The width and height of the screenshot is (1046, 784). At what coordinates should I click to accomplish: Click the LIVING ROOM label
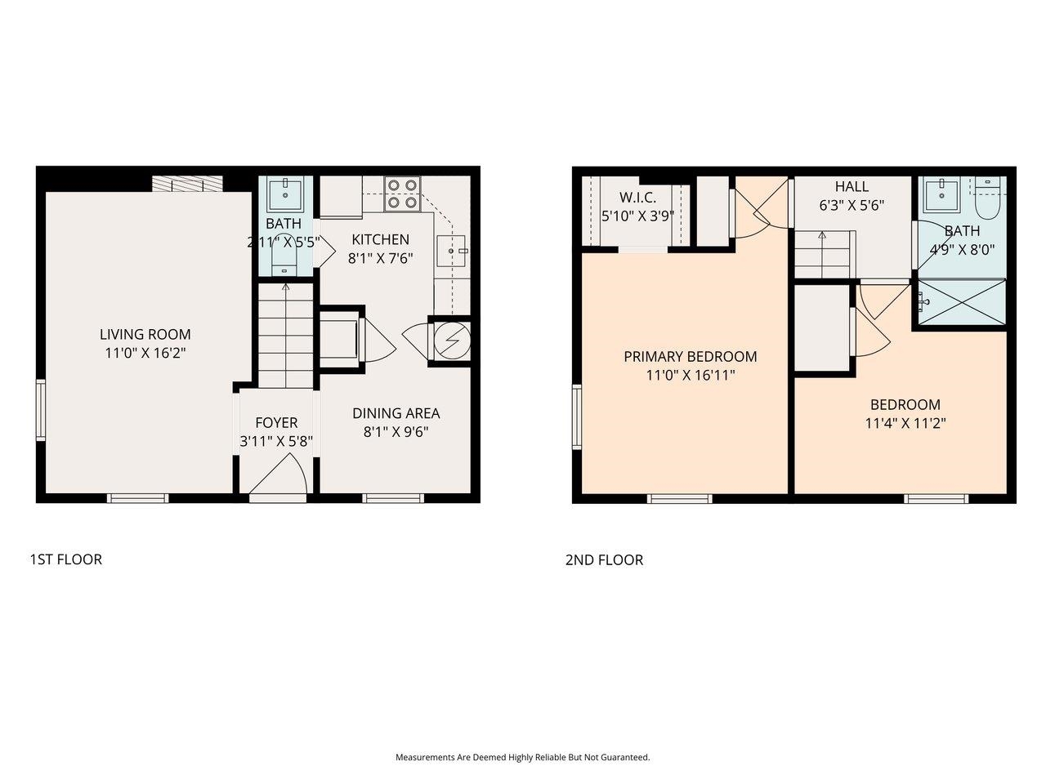[x=145, y=334]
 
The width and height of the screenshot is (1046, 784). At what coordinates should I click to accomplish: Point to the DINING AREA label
[x=396, y=413]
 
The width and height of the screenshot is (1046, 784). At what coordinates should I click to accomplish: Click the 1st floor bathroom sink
[x=284, y=193]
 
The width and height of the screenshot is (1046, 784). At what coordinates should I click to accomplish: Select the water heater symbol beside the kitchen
[x=451, y=339]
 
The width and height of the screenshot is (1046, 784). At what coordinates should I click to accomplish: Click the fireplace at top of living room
[x=187, y=184]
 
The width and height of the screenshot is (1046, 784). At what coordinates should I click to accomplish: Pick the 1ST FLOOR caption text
[x=66, y=559]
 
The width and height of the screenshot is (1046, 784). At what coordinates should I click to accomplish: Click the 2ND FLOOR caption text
[x=604, y=560]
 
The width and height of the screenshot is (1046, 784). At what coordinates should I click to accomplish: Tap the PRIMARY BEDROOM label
[x=690, y=357]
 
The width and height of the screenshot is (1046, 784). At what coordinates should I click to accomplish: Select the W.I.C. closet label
[x=637, y=198]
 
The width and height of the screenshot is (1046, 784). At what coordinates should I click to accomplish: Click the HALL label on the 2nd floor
[x=852, y=187]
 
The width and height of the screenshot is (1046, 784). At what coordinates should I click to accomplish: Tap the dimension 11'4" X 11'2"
[x=905, y=423]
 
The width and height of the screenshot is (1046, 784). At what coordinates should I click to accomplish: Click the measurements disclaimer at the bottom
[x=523, y=757]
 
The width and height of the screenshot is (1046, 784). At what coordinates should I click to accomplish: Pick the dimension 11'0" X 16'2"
[x=145, y=353]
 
